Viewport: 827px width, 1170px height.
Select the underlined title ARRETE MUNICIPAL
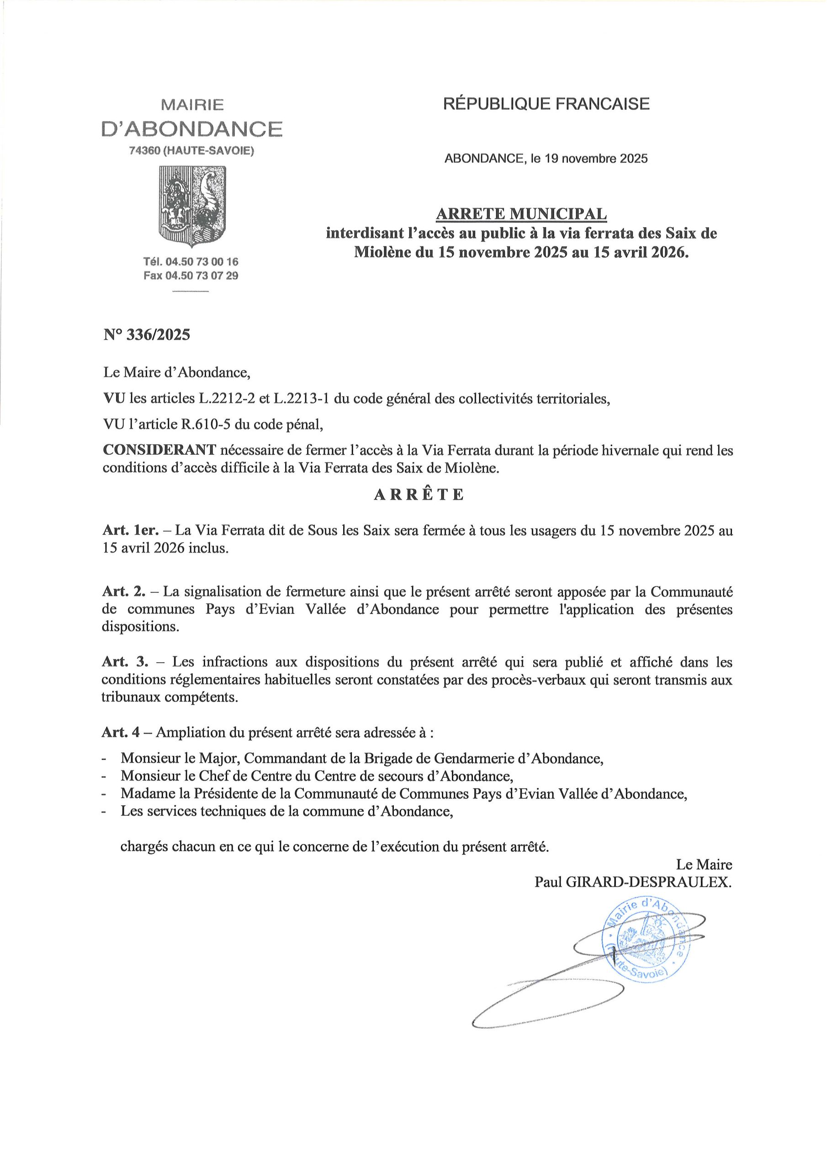(x=521, y=214)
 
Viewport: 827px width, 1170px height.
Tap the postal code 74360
(x=146, y=151)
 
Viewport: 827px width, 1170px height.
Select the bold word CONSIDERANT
(x=159, y=451)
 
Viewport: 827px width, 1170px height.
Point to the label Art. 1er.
(x=136, y=531)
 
